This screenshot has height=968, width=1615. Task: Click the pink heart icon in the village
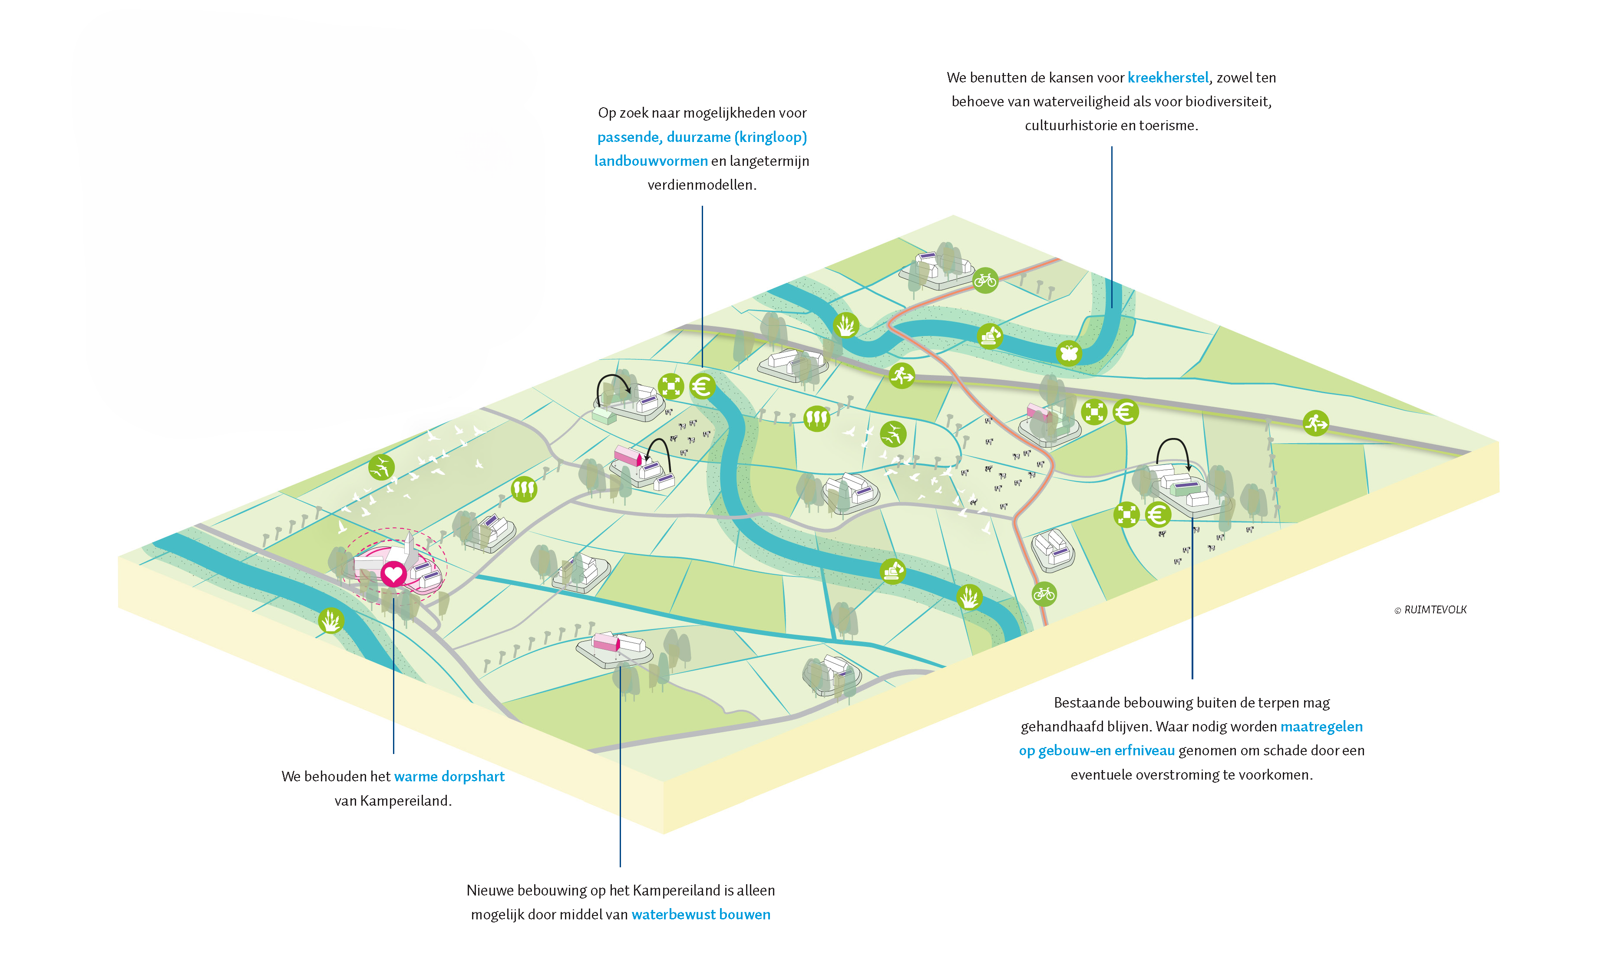point(393,574)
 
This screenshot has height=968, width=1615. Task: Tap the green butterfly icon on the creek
point(1069,353)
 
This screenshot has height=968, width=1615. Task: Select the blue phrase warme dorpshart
point(449,776)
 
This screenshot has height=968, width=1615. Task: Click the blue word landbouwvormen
point(651,161)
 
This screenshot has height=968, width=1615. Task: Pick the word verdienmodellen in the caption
point(701,185)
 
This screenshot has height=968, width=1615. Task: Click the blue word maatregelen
point(1321,727)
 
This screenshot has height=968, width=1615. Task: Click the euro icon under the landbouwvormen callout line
point(702,387)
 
